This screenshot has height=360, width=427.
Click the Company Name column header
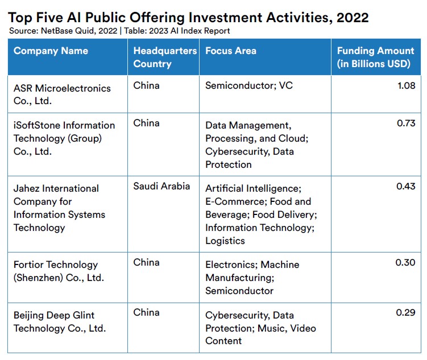click(x=51, y=51)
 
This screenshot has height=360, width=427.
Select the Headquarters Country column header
click(x=165, y=57)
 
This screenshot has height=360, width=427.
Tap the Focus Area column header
click(x=231, y=51)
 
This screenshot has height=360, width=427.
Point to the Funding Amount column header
click(x=375, y=57)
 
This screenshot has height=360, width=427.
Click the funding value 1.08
click(x=407, y=85)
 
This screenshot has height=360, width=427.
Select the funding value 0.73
click(x=406, y=123)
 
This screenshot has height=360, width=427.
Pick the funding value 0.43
click(x=406, y=187)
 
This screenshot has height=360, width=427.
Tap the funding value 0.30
click(x=405, y=263)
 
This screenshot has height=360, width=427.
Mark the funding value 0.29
click(x=405, y=312)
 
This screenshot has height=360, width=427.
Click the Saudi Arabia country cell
click(x=161, y=187)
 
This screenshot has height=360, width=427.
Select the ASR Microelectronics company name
click(x=62, y=94)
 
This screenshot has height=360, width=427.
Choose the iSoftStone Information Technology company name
click(x=64, y=138)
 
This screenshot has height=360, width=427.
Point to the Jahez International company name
click(x=59, y=208)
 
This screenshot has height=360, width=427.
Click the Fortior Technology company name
click(x=59, y=271)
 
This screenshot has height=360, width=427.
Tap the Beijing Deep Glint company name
click(x=60, y=322)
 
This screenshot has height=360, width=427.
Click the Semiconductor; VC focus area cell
click(x=249, y=85)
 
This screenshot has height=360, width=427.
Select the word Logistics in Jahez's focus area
click(x=225, y=241)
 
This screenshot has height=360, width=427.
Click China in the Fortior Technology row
click(x=146, y=263)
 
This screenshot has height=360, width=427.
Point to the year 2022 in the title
click(x=353, y=18)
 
